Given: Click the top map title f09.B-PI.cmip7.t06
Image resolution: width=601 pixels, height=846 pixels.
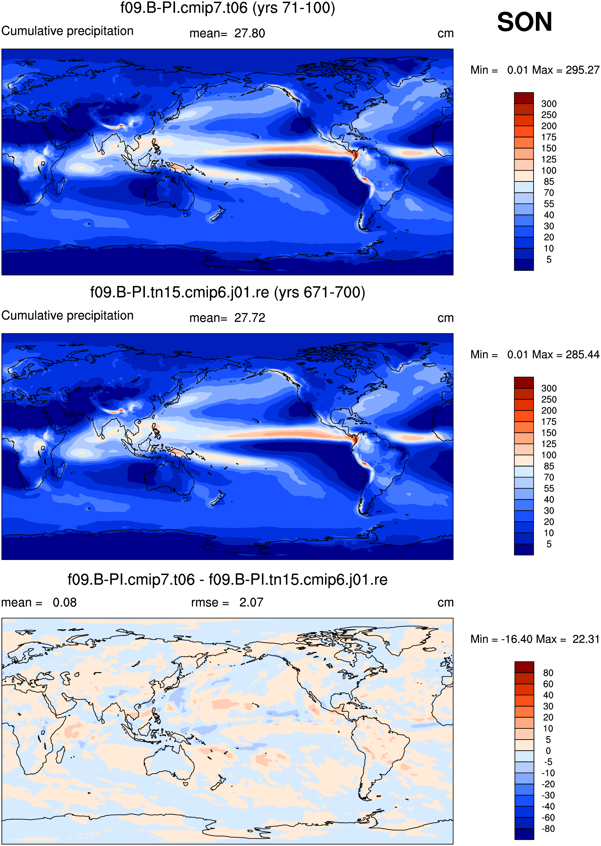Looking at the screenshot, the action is click(184, 8).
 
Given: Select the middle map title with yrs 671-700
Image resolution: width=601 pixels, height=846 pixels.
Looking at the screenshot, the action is click(228, 293).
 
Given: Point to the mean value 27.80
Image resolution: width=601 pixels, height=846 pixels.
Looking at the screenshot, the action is click(250, 33).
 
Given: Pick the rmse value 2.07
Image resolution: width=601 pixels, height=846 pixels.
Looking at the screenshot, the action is click(251, 602).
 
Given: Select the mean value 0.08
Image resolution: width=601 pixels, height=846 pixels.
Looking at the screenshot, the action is click(65, 602).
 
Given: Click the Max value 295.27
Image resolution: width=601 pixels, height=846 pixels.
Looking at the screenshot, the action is click(582, 70).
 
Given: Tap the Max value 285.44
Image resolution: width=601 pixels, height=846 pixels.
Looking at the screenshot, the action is click(582, 355).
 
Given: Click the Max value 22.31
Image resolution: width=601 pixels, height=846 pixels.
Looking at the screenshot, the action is click(586, 639).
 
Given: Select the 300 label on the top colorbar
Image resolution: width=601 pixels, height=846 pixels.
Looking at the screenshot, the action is click(549, 104).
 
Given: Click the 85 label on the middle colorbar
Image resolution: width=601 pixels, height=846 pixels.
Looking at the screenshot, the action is click(549, 466).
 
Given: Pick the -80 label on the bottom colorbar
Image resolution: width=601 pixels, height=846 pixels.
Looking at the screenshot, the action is click(548, 829).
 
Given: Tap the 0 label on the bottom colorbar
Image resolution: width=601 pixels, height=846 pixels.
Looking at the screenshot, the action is click(548, 751).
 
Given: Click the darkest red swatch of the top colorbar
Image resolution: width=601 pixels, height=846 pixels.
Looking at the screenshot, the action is click(524, 98).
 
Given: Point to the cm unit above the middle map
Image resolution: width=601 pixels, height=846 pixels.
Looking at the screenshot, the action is click(446, 318).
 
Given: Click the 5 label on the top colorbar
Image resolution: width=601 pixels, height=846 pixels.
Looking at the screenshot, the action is click(549, 259).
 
